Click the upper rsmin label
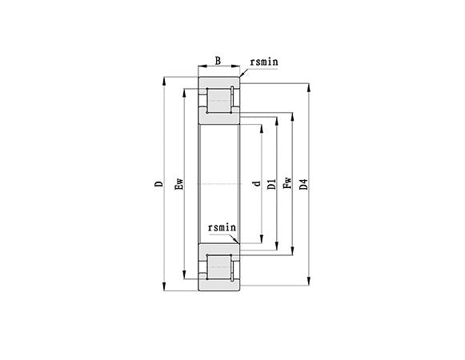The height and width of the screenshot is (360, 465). point(264,61)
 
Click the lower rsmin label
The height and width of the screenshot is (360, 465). point(222,228)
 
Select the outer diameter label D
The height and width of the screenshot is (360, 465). point(158,185)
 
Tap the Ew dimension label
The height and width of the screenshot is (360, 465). point(180,185)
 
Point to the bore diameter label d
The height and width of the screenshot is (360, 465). point(255,185)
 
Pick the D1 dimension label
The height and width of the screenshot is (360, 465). point(271,185)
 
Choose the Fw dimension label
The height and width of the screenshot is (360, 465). point(287,185)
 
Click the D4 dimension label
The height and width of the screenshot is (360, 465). point(303,185)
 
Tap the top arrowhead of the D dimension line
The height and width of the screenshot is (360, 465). point(165,80)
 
